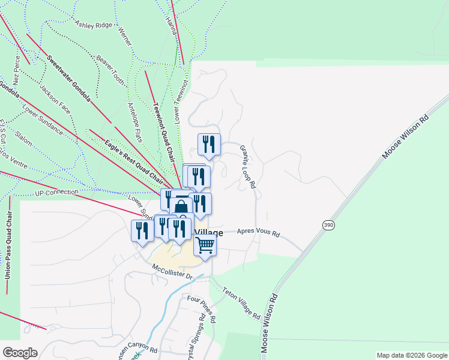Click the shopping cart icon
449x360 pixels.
coord(205,245)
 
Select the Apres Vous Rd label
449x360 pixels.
coord(259,232)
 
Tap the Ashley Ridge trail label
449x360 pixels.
coord(94,25)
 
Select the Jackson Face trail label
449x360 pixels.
coord(55,100)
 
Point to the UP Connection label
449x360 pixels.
coord(57,193)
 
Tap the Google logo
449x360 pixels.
coord(20,353)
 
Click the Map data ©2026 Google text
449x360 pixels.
coord(412,355)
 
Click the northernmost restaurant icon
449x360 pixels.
coord(209,144)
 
